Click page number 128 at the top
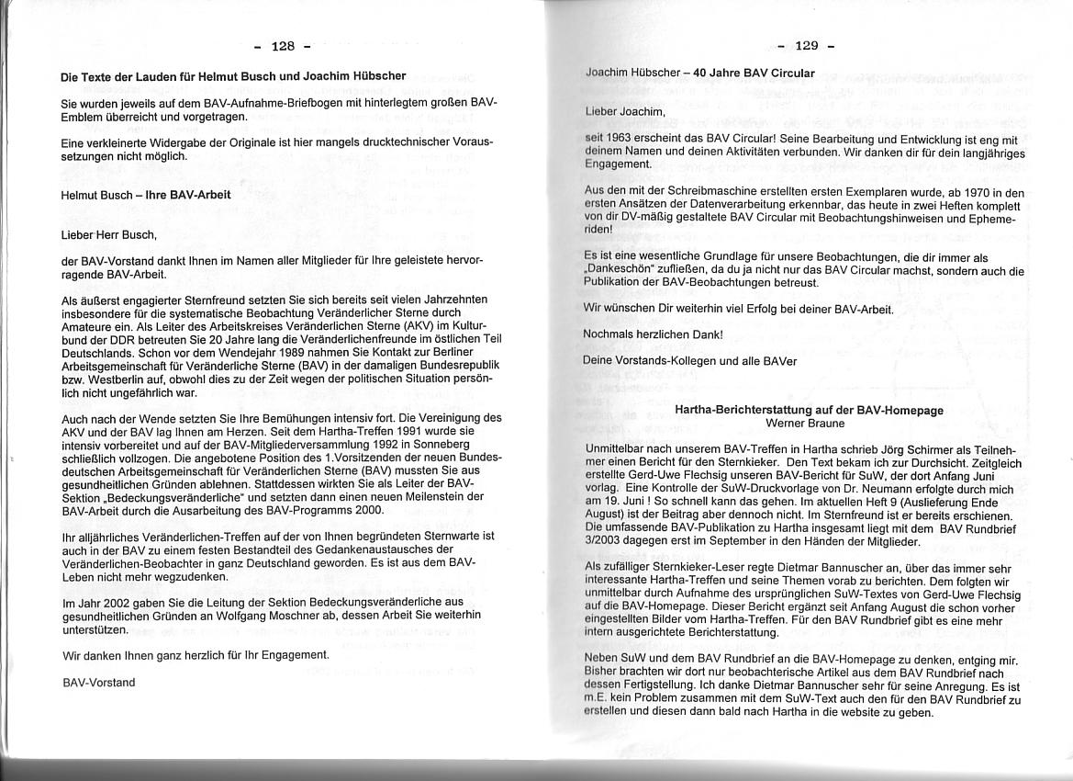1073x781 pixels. coord(283,46)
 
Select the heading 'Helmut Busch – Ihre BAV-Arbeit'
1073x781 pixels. coord(145,196)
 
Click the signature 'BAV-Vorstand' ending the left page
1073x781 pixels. coord(98,682)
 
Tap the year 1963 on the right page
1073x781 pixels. coord(620,138)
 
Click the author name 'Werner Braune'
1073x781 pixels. coord(808,424)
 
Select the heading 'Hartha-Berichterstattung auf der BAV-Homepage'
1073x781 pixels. coord(809,411)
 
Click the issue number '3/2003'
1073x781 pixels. coord(604,542)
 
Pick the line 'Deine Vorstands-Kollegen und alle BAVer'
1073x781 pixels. coord(690,361)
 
